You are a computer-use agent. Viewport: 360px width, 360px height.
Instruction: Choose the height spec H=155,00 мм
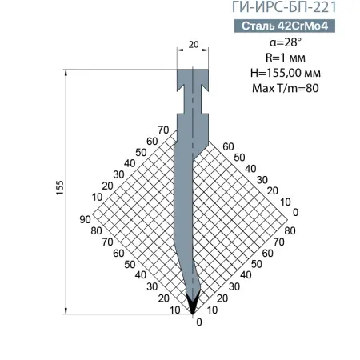pos(295,73)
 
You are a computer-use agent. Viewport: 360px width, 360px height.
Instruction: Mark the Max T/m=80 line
pos(295,88)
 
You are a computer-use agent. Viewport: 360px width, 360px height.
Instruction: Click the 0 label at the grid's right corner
pos(295,212)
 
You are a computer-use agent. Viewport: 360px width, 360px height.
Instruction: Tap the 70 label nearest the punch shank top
pos(164,130)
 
